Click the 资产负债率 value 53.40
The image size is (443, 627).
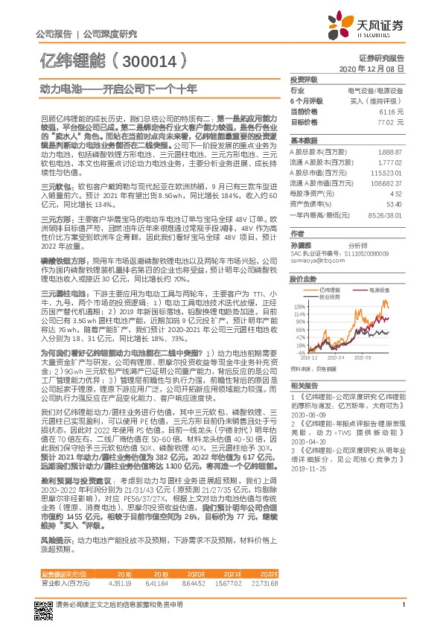pyautogui.click(x=394, y=203)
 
